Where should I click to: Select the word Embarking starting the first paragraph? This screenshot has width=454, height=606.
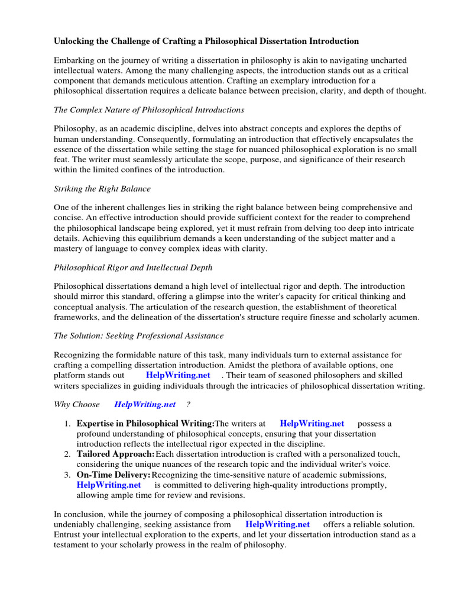(76, 61)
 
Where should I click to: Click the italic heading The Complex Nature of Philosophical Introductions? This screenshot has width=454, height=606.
(149, 109)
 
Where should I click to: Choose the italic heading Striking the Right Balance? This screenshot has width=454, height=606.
(102, 188)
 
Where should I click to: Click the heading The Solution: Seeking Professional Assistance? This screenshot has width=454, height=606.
(138, 336)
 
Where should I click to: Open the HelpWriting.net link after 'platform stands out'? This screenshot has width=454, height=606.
(177, 375)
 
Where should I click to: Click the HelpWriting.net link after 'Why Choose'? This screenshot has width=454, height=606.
(145, 404)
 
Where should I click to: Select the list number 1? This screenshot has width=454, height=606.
(67, 424)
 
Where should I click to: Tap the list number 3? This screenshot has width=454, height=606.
(67, 475)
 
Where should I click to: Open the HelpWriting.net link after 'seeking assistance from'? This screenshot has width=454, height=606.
(277, 524)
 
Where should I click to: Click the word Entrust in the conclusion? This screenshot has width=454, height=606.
(69, 534)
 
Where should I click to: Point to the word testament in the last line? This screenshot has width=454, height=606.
(73, 544)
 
